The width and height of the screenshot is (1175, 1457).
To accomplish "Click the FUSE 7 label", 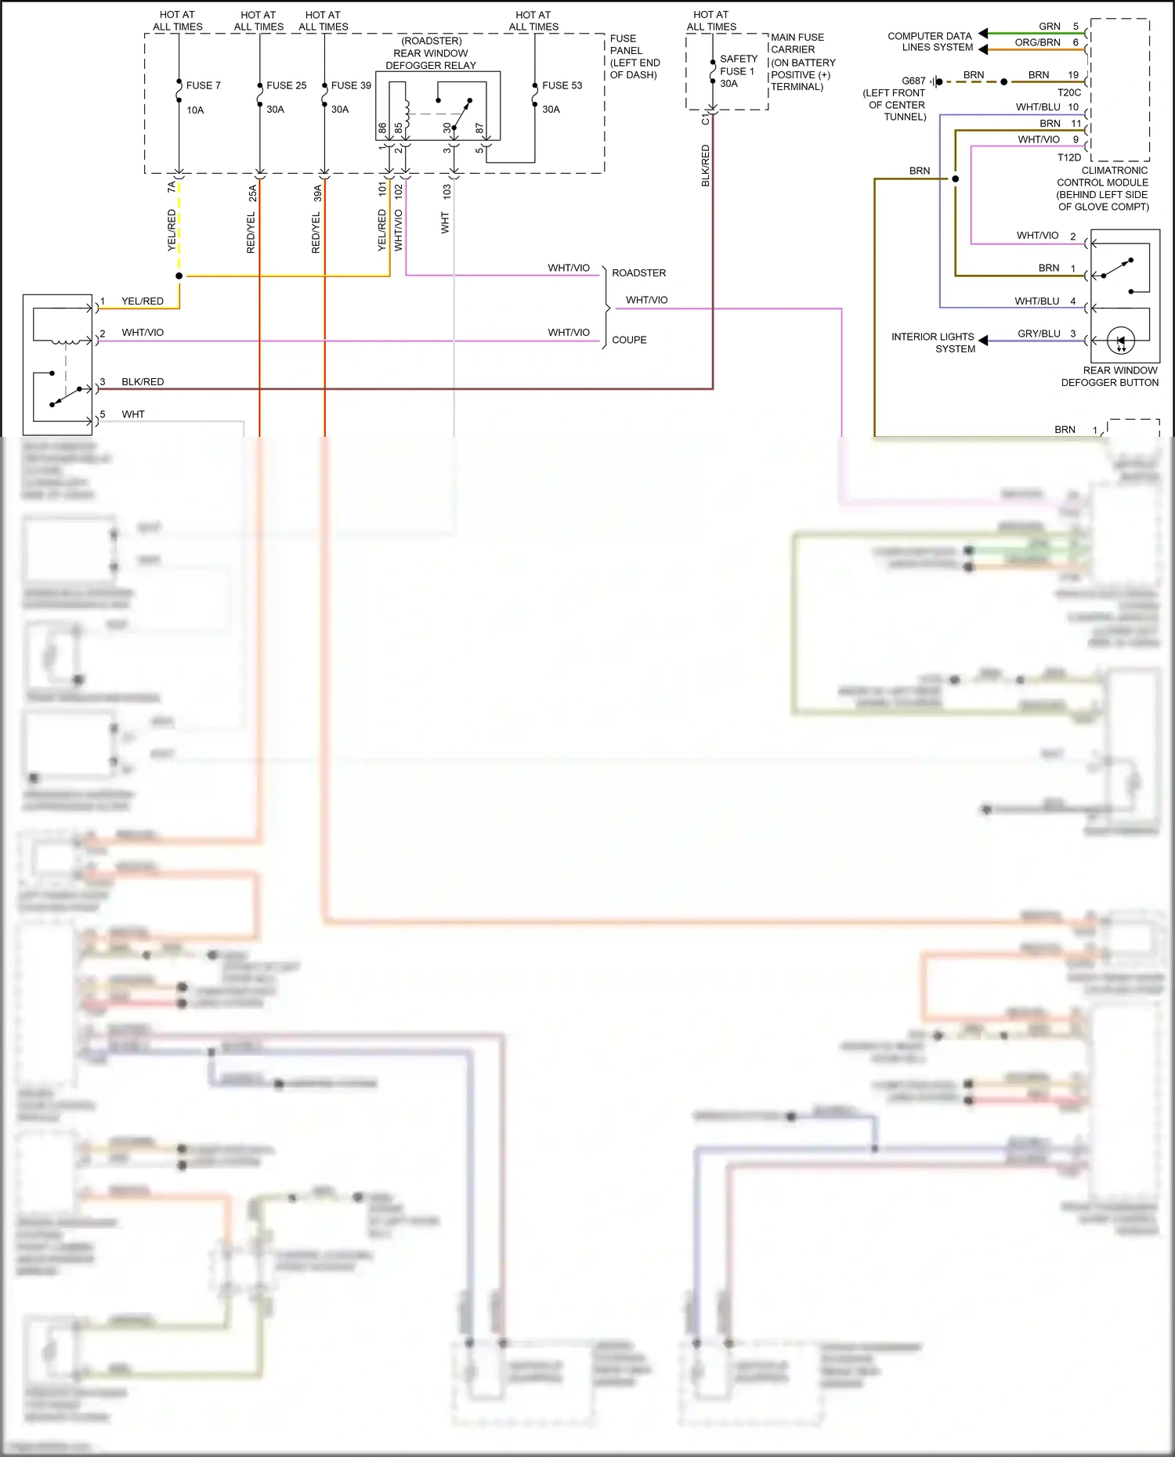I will (203, 85).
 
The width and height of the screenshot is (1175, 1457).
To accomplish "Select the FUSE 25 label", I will (286, 85).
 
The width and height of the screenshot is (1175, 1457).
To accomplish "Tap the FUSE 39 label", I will (351, 85).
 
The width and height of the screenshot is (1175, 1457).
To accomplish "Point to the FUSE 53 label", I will (562, 85).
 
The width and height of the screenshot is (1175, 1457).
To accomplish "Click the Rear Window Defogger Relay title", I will (431, 53).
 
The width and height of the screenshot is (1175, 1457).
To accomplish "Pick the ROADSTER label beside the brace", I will (638, 273).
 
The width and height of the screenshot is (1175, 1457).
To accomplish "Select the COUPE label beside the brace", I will (629, 340).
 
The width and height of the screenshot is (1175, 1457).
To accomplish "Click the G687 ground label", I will (913, 81).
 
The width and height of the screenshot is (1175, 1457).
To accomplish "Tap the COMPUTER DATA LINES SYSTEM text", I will (930, 41).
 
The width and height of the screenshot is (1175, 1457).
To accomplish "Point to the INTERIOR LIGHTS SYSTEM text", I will (933, 343).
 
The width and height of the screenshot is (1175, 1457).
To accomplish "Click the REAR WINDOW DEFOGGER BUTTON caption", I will (1109, 377).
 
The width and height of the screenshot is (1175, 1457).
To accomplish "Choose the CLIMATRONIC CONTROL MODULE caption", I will (1103, 188).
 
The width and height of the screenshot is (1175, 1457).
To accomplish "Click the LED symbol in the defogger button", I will (1121, 341).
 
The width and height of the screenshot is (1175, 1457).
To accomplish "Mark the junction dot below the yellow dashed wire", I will (179, 276).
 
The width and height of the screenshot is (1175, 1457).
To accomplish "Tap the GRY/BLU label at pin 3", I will (1039, 334).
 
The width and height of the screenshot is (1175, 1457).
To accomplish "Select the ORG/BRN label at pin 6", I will (1037, 42).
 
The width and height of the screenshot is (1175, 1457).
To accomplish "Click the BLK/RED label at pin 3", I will (143, 382).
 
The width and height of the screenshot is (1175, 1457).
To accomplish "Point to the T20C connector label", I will (1068, 92).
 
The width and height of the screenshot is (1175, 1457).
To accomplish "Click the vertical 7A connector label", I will (172, 187).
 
